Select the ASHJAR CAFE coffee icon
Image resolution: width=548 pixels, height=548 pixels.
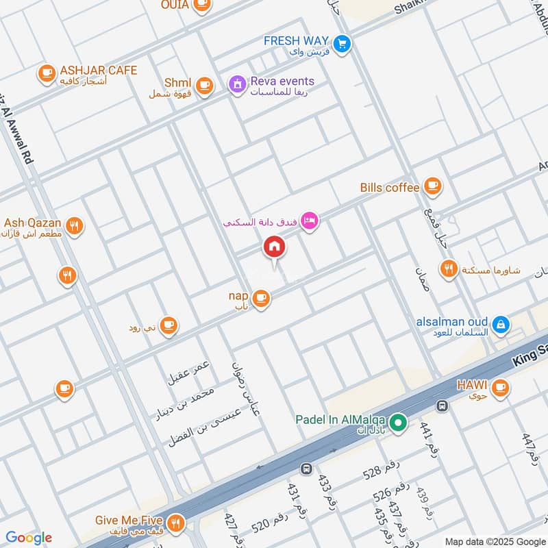pyautogui.click(x=47, y=73)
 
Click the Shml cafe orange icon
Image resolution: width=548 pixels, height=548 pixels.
pyautogui.click(x=203, y=85)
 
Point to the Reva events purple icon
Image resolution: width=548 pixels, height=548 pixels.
pyautogui.click(x=237, y=85)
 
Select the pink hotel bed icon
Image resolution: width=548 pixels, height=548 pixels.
pyautogui.click(x=310, y=221)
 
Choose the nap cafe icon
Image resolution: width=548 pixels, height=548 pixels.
pyautogui.click(x=260, y=298)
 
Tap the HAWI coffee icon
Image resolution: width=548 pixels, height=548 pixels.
pyautogui.click(x=501, y=388)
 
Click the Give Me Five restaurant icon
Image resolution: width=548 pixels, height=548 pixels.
pyautogui.click(x=176, y=523)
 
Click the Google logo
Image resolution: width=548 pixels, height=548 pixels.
pyautogui.click(x=29, y=538)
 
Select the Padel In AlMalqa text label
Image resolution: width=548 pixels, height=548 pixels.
pyautogui.click(x=342, y=420)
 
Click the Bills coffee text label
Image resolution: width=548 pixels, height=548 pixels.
pyautogui.click(x=389, y=188)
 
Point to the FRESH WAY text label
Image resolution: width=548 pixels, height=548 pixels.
pyautogui.click(x=297, y=40)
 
